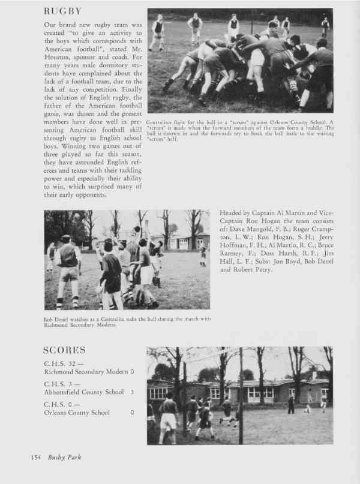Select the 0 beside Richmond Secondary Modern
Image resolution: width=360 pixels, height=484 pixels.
[x=132, y=372]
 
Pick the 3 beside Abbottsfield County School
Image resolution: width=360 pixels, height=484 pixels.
[x=132, y=392]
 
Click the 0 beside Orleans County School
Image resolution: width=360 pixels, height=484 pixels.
[x=132, y=412]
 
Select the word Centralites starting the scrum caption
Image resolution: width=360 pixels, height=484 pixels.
[x=160, y=121]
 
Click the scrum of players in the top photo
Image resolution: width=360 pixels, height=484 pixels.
[x=246, y=63]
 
